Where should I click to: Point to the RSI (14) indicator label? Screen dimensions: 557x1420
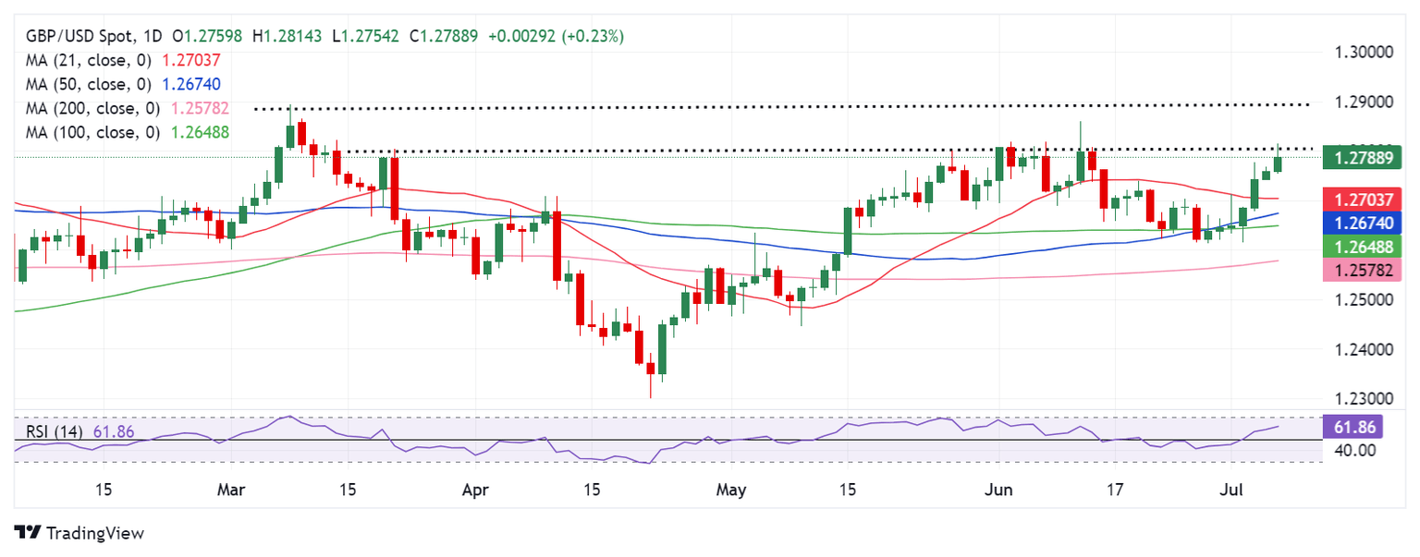(x=51, y=431)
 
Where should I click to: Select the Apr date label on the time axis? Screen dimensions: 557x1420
(x=474, y=489)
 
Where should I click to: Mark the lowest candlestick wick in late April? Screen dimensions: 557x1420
(x=650, y=394)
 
